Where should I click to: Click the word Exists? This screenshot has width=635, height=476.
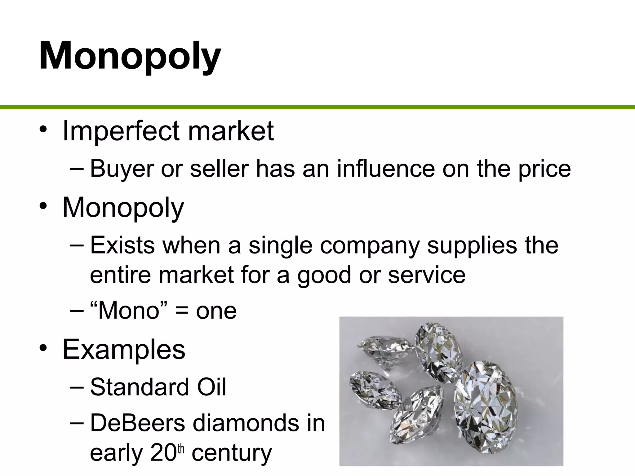coord(122,245)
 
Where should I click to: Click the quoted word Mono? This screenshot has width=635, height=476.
coord(128,311)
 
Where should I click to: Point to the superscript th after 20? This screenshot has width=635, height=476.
coord(181,449)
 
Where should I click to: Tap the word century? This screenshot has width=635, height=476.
coord(231,453)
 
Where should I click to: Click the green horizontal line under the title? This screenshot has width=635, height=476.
coord(317,107)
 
